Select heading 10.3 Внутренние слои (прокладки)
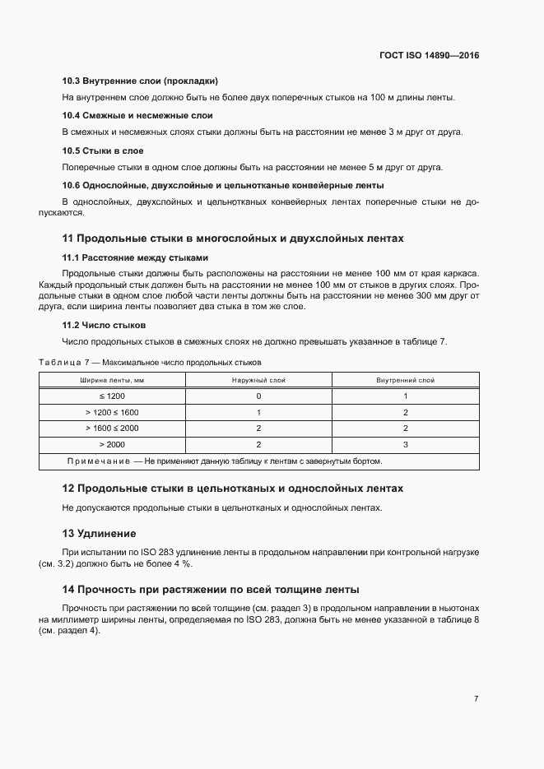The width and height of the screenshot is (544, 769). [140, 81]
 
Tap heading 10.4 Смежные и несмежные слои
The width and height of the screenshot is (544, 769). [137, 115]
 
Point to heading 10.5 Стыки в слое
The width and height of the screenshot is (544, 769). [104, 151]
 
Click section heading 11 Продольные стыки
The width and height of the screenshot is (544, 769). [233, 239]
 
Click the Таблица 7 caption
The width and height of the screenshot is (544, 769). [150, 362]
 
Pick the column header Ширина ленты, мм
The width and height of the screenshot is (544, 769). [112, 380]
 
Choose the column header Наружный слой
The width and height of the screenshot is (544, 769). [258, 380]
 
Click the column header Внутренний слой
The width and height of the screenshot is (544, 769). [405, 380]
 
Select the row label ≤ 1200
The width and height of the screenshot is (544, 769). [112, 396]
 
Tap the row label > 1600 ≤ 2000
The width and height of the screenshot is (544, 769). [112, 429]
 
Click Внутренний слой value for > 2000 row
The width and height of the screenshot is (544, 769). [405, 444]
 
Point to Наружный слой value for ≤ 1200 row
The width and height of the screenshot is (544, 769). [258, 396]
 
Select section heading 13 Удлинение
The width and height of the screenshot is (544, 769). [100, 533]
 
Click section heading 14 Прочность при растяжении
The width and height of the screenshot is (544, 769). [210, 590]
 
